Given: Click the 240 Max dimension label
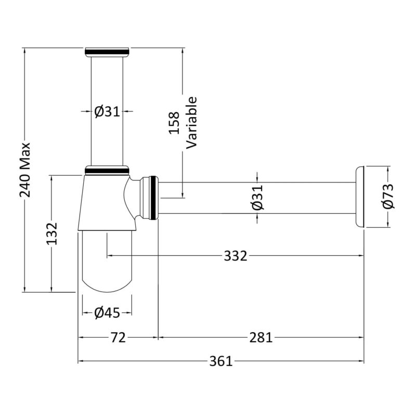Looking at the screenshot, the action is pos(25,170).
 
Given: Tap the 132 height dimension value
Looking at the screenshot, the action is pos(51,233).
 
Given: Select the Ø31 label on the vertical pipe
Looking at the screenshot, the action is pos(107,112).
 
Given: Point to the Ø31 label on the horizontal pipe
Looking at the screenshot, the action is pos(257,197).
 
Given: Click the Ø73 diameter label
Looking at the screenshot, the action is pos(388,197).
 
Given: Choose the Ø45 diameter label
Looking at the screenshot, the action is pos(107,313).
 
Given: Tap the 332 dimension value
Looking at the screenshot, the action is pos(236,256).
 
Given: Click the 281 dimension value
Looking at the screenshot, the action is pos(261,337).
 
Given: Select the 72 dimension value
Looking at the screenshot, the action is pos(118,337).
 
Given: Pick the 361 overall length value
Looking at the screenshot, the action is pos(220,361).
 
